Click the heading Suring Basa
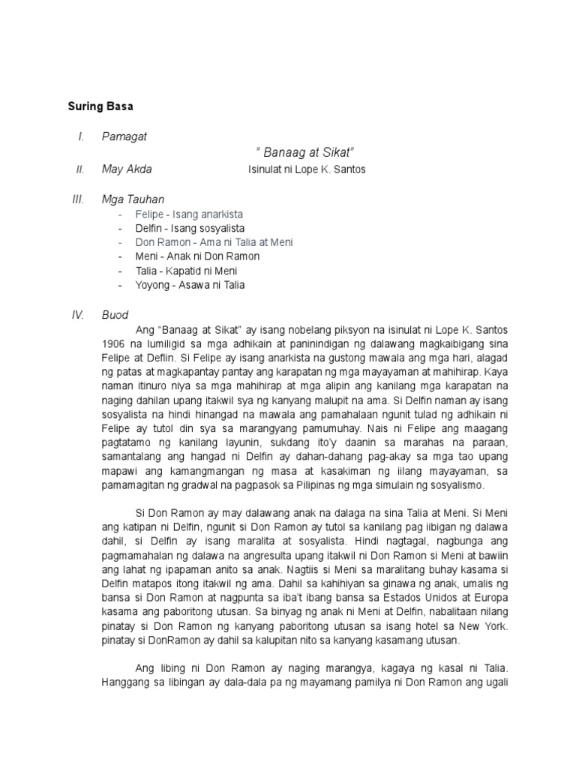(x=100, y=106)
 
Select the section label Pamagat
(x=124, y=136)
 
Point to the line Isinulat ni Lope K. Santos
(x=307, y=169)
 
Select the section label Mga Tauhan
(x=133, y=199)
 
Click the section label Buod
(x=115, y=315)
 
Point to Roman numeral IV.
(x=77, y=315)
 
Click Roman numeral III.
(x=78, y=199)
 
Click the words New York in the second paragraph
(x=488, y=625)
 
